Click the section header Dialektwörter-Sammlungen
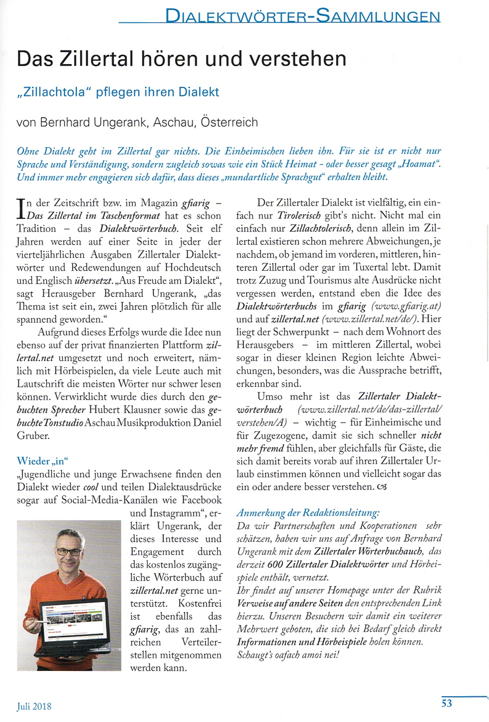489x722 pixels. (303, 16)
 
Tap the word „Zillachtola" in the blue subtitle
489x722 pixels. (54, 92)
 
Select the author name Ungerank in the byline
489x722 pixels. (120, 122)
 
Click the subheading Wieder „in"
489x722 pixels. (42, 461)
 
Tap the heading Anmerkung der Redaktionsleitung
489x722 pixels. (308, 513)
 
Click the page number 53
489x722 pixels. (447, 703)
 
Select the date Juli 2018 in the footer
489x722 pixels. (34, 706)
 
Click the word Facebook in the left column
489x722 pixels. (198, 500)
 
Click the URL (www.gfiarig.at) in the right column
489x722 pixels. (406, 306)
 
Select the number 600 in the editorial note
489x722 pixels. (276, 564)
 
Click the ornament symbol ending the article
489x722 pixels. (382, 487)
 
